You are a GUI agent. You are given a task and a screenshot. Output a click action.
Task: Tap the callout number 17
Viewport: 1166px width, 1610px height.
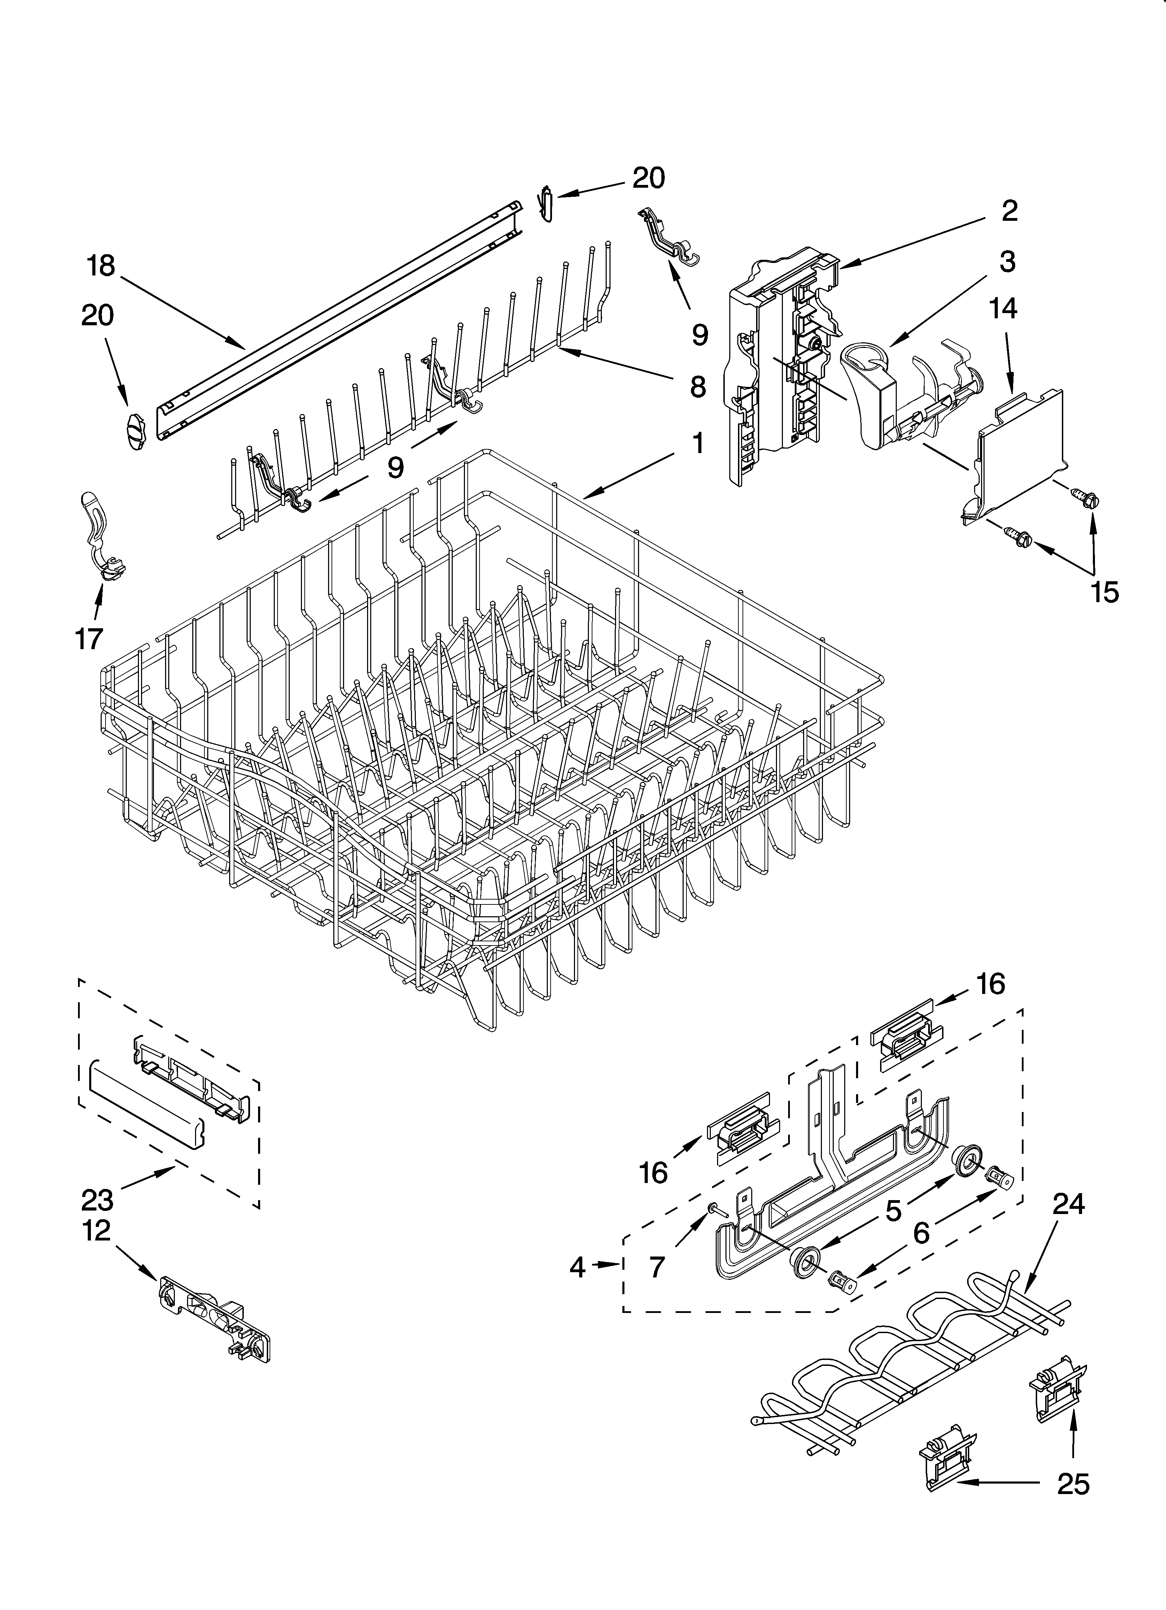(x=89, y=638)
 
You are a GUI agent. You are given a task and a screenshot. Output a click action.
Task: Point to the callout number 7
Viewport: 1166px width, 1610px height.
(x=657, y=1267)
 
